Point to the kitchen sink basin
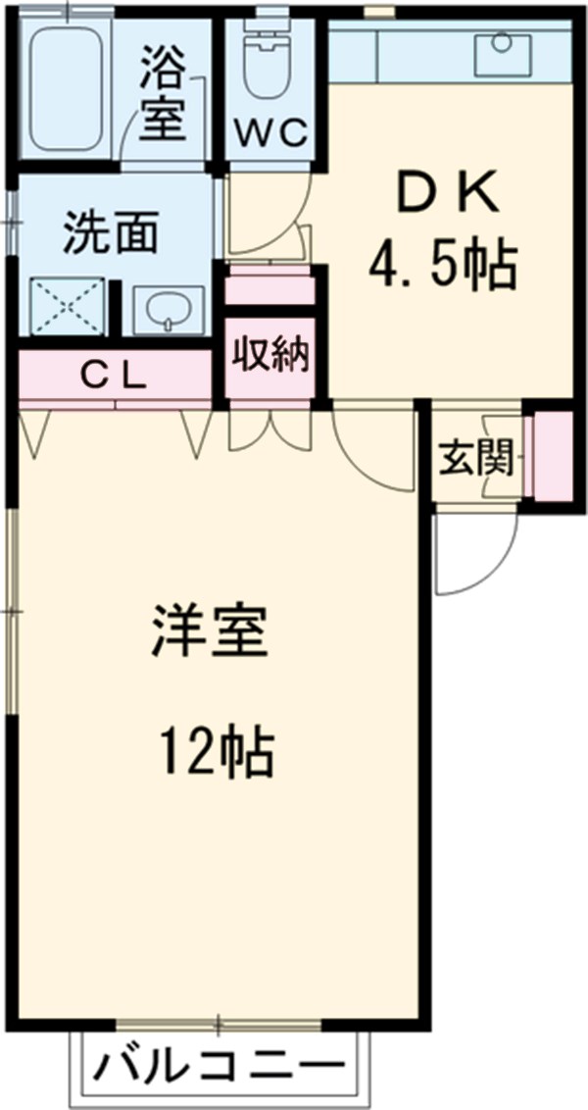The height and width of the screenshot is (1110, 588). coord(502,54)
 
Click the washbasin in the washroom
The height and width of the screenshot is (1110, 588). coord(168,311)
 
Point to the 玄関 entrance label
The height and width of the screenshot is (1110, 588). coord(476,456)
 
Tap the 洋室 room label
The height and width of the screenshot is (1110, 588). coord(209,631)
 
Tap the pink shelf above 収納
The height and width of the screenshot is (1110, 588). coord(270,291)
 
